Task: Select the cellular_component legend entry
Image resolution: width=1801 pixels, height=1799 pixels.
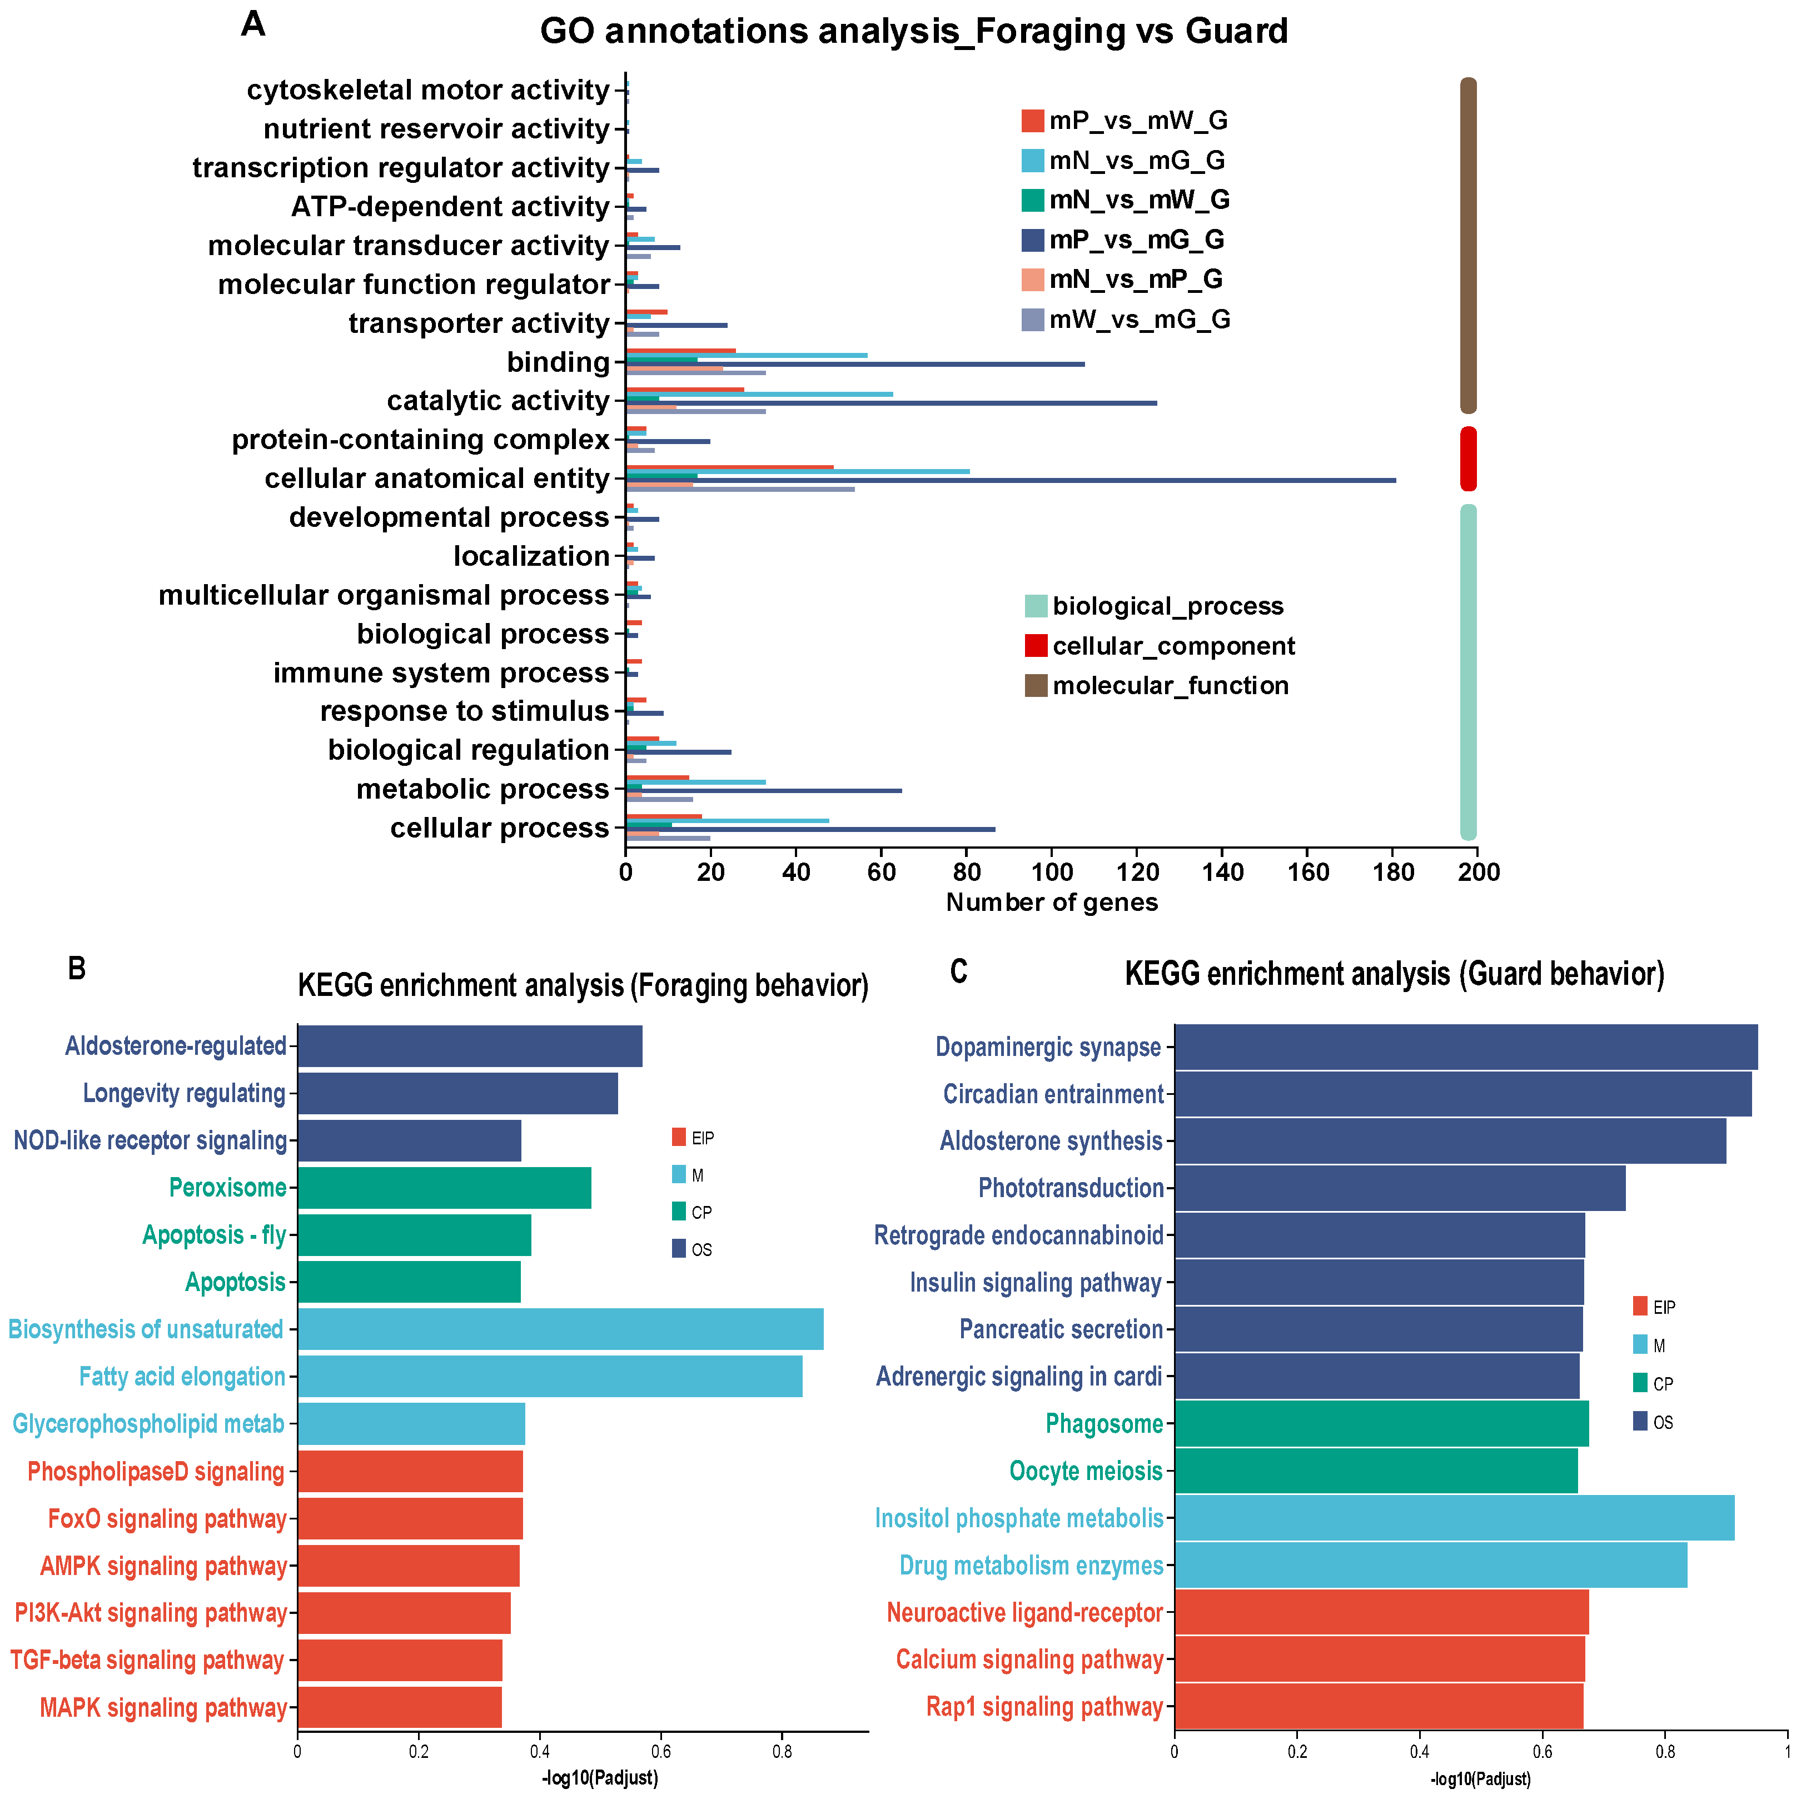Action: click(x=1160, y=646)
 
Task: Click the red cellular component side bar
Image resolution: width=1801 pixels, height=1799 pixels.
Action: click(x=1468, y=459)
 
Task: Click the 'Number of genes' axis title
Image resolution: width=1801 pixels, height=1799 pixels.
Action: click(x=1052, y=903)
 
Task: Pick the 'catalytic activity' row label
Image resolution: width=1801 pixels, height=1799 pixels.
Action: click(x=499, y=401)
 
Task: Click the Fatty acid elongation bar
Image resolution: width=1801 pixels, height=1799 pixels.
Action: click(x=550, y=1377)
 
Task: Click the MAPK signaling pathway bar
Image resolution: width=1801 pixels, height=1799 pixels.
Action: click(x=399, y=1708)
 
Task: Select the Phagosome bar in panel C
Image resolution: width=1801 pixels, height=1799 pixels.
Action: click(x=1381, y=1423)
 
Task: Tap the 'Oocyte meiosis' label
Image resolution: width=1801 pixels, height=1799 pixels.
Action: click(x=1086, y=1471)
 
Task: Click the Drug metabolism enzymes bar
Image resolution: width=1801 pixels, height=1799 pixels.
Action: click(x=1431, y=1565)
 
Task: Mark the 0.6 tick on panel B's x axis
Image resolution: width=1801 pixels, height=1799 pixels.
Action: click(x=661, y=1751)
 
